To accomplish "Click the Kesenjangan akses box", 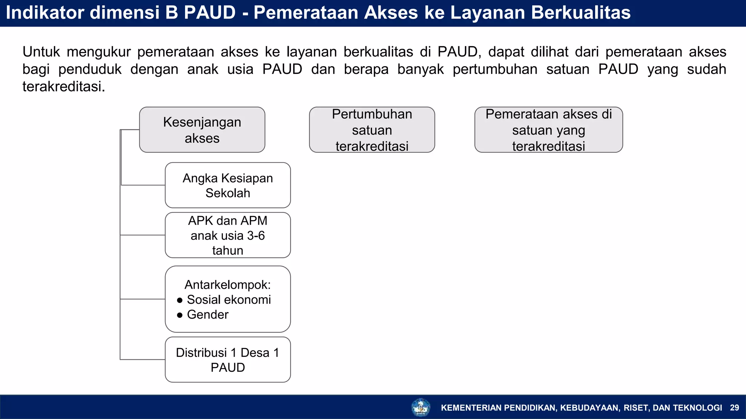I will coord(202,130).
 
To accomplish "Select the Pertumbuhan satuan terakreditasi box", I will coord(372,130).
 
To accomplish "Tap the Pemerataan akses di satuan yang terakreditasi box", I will coord(549,130).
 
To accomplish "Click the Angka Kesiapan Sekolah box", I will coord(228,185).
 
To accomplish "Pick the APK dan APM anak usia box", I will coord(228,235).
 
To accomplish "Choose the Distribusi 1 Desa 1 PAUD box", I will coord(228,360).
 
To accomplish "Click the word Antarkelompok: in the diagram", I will coord(228,285).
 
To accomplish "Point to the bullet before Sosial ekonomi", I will coord(180,300).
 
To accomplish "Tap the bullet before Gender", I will coord(180,315).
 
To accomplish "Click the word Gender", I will coord(208,315).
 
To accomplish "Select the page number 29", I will coord(734,408).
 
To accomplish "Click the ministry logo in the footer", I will coord(421,407).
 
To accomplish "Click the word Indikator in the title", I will coord(45,13).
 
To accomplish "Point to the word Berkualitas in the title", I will coord(581,13).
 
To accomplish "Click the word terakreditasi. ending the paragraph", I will coord(64,87).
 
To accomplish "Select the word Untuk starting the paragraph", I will coord(41,52).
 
